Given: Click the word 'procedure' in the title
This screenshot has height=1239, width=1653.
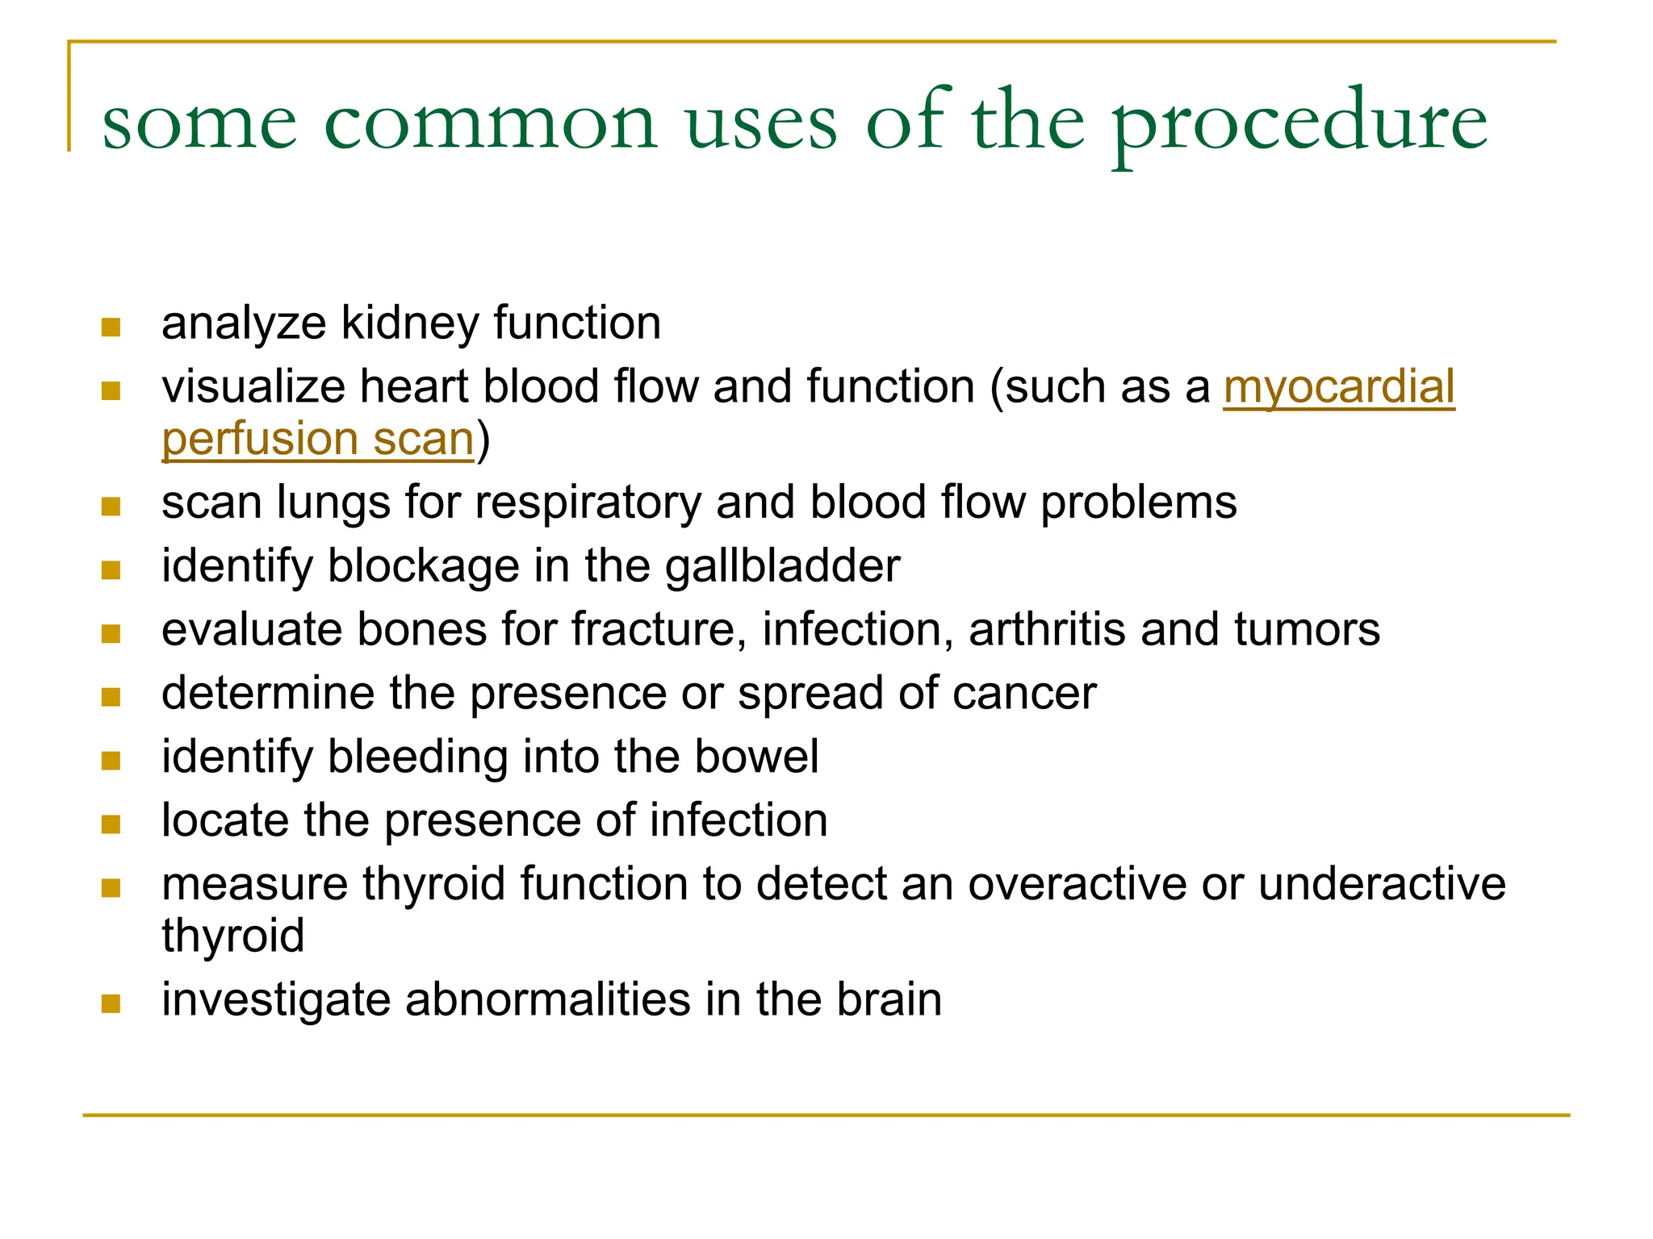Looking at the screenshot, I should tap(1299, 123).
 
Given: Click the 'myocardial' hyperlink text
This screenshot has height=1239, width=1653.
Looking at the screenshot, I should tap(1338, 386).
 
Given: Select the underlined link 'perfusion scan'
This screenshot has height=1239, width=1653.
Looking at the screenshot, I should tap(317, 440).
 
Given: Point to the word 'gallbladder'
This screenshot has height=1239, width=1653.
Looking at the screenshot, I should tap(782, 566).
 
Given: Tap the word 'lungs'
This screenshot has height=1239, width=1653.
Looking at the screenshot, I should tap(333, 503).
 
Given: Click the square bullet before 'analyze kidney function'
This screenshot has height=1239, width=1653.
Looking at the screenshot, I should tap(111, 327).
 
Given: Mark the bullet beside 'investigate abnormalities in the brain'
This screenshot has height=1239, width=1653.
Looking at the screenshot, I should tap(111, 1004).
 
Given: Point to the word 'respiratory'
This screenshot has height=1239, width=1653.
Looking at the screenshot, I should tap(588, 503).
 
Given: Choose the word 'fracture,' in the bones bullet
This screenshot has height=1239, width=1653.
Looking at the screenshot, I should tap(659, 629).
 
